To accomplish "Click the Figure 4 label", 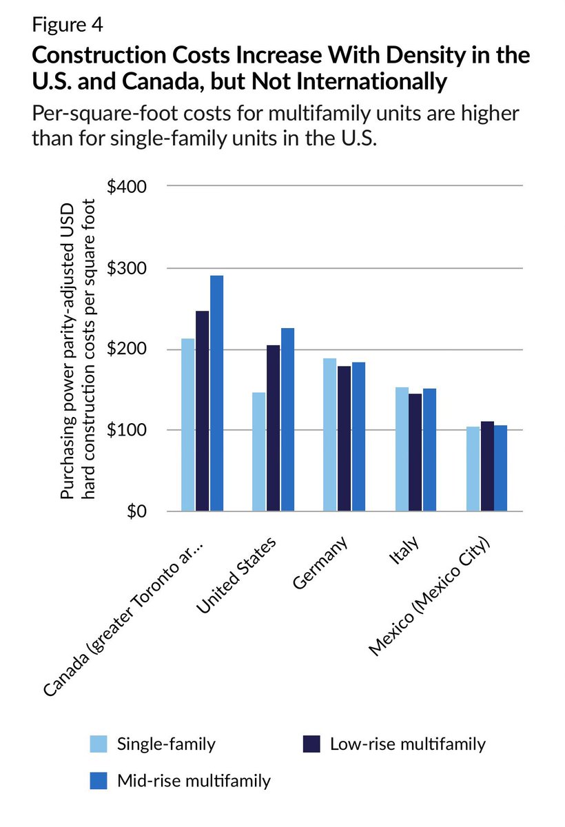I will point(68,26).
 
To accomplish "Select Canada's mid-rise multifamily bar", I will point(216,394).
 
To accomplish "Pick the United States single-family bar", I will point(259,452).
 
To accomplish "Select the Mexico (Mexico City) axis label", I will point(429,595).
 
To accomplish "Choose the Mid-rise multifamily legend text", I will point(194,781).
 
